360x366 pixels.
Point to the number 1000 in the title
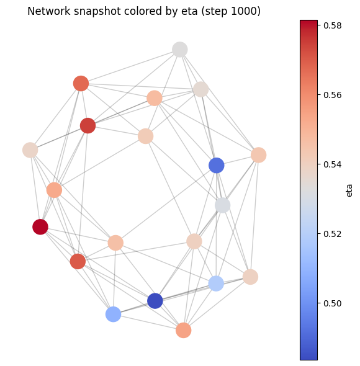(243, 11)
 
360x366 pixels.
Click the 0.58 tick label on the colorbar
(333, 25)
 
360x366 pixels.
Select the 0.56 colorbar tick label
(333, 95)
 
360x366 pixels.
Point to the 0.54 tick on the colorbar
(333, 164)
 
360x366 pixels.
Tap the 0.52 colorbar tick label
(333, 234)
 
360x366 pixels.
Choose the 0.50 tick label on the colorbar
(333, 303)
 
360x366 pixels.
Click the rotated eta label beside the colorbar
(349, 190)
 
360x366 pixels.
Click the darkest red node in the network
(40, 227)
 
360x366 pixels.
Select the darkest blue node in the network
(155, 301)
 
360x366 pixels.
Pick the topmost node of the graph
(179, 50)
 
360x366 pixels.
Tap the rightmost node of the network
(259, 155)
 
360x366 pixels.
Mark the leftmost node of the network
(30, 150)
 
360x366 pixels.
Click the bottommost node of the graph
(183, 330)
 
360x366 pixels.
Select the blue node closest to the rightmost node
(217, 166)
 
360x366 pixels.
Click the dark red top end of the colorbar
(308, 23)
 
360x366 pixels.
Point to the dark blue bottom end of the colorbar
(308, 357)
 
